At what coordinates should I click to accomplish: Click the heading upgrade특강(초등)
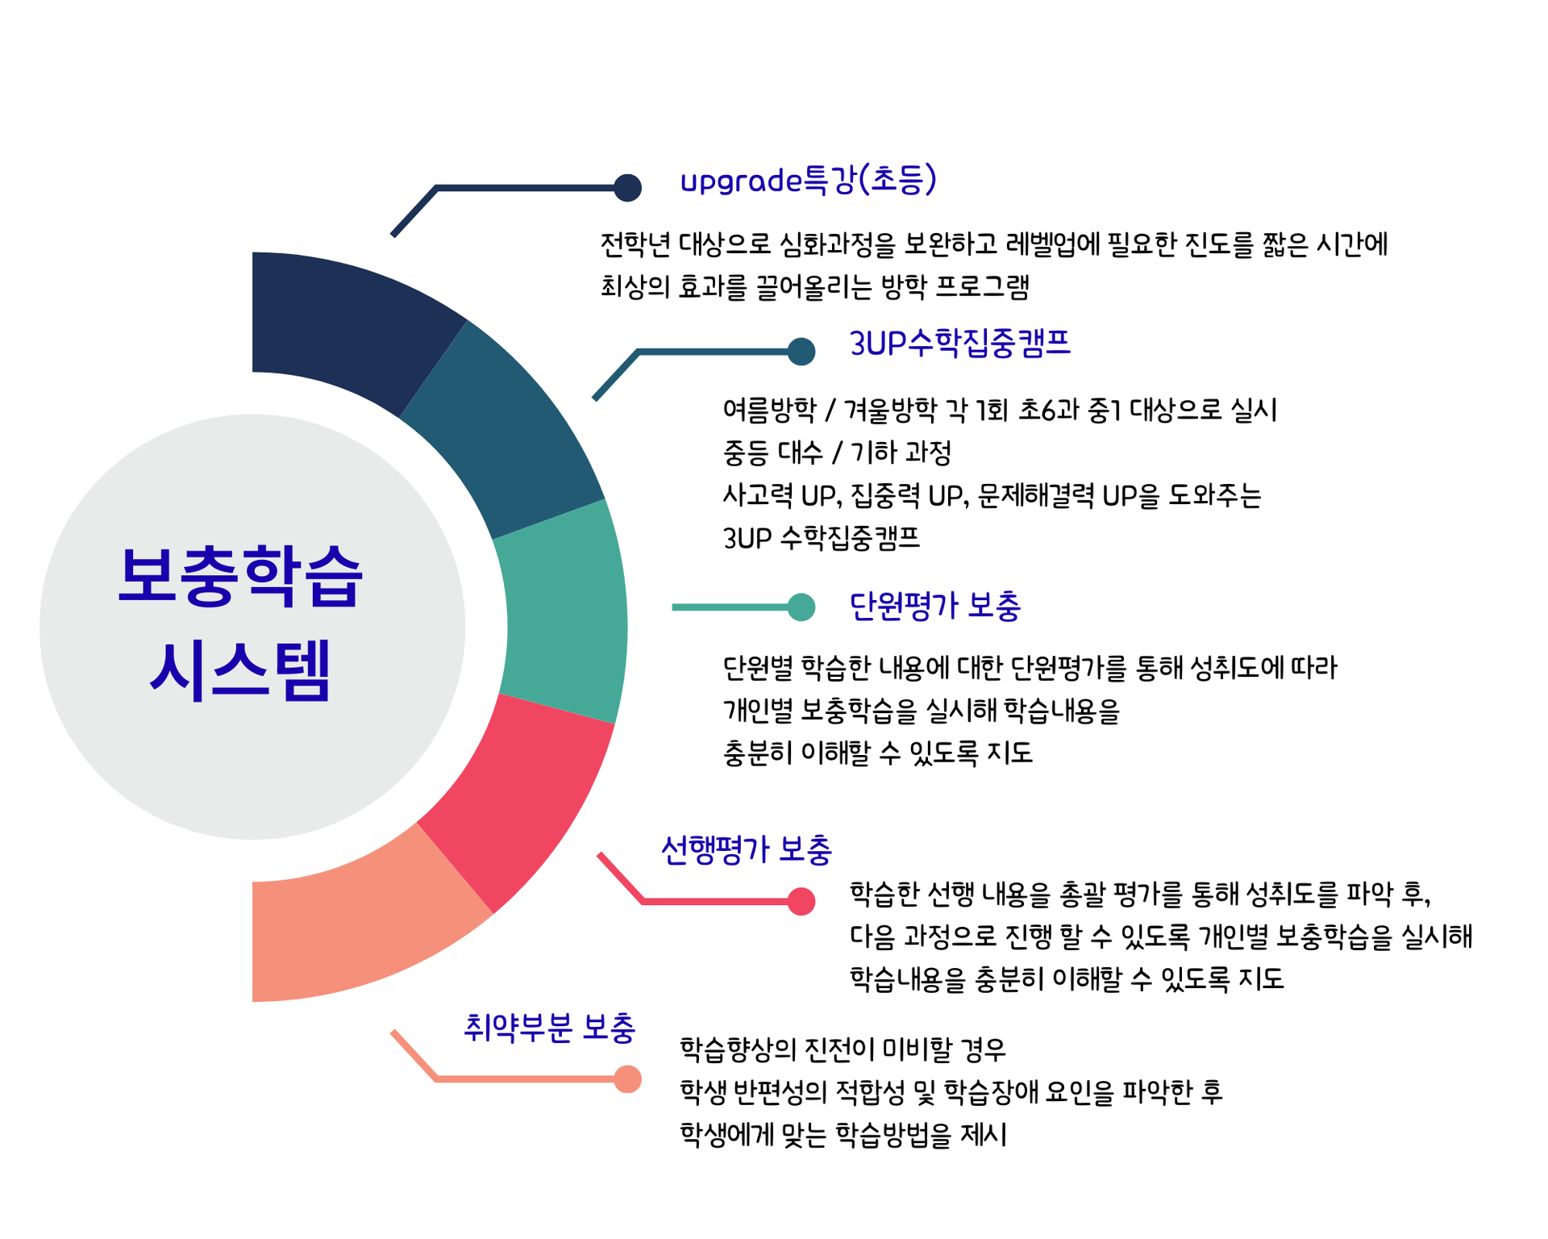pyautogui.click(x=808, y=181)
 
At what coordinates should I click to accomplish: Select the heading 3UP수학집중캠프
pyautogui.click(x=959, y=344)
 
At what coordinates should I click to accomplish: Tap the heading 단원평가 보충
pyautogui.click(x=935, y=606)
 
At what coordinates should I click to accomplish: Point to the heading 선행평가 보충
pyautogui.click(x=746, y=850)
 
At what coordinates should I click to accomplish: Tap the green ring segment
pyautogui.click(x=564, y=613)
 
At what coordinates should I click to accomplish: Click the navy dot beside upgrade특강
pyautogui.click(x=627, y=188)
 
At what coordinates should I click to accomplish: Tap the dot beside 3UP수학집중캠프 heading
pyautogui.click(x=801, y=352)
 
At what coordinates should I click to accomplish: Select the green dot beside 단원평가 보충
pyautogui.click(x=801, y=607)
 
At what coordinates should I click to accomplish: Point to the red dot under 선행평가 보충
pyautogui.click(x=801, y=901)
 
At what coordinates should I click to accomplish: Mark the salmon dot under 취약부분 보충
pyautogui.click(x=627, y=1079)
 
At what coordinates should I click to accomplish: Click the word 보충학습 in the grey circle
pyautogui.click(x=240, y=577)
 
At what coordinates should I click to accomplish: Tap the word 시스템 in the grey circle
pyautogui.click(x=240, y=670)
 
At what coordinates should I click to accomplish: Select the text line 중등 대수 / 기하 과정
pyautogui.click(x=837, y=453)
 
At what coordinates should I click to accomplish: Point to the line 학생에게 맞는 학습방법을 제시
pyautogui.click(x=843, y=1135)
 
